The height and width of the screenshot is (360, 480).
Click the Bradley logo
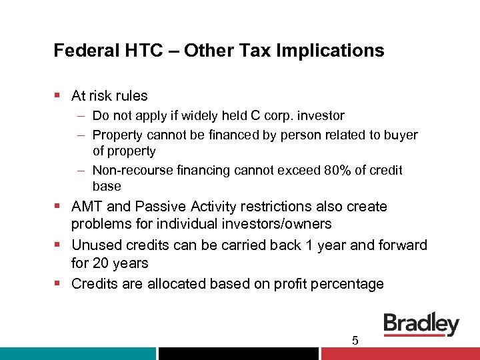[x=421, y=325]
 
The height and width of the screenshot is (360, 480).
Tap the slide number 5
[x=355, y=341]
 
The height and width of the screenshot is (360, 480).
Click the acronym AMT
[x=87, y=207]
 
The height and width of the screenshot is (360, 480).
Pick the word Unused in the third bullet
[x=95, y=245]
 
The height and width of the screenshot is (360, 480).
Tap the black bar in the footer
[x=239, y=353]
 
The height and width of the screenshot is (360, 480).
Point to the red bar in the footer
[x=400, y=353]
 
